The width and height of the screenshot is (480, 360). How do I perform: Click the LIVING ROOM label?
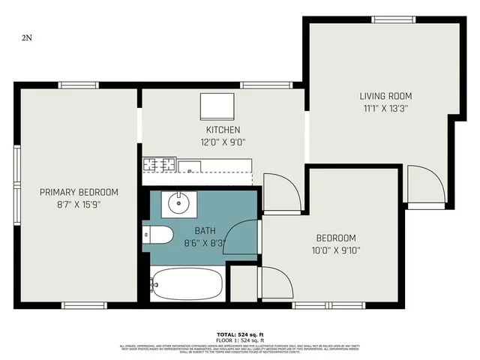click(385, 96)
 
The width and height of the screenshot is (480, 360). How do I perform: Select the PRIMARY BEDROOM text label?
click(79, 192)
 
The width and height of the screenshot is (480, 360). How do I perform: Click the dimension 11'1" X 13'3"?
click(385, 108)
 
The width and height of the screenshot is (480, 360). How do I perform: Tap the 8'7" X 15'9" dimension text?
click(79, 204)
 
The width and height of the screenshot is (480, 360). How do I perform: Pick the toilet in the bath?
click(158, 235)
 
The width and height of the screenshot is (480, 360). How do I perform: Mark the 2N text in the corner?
click(27, 37)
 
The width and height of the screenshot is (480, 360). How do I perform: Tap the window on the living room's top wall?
click(393, 19)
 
